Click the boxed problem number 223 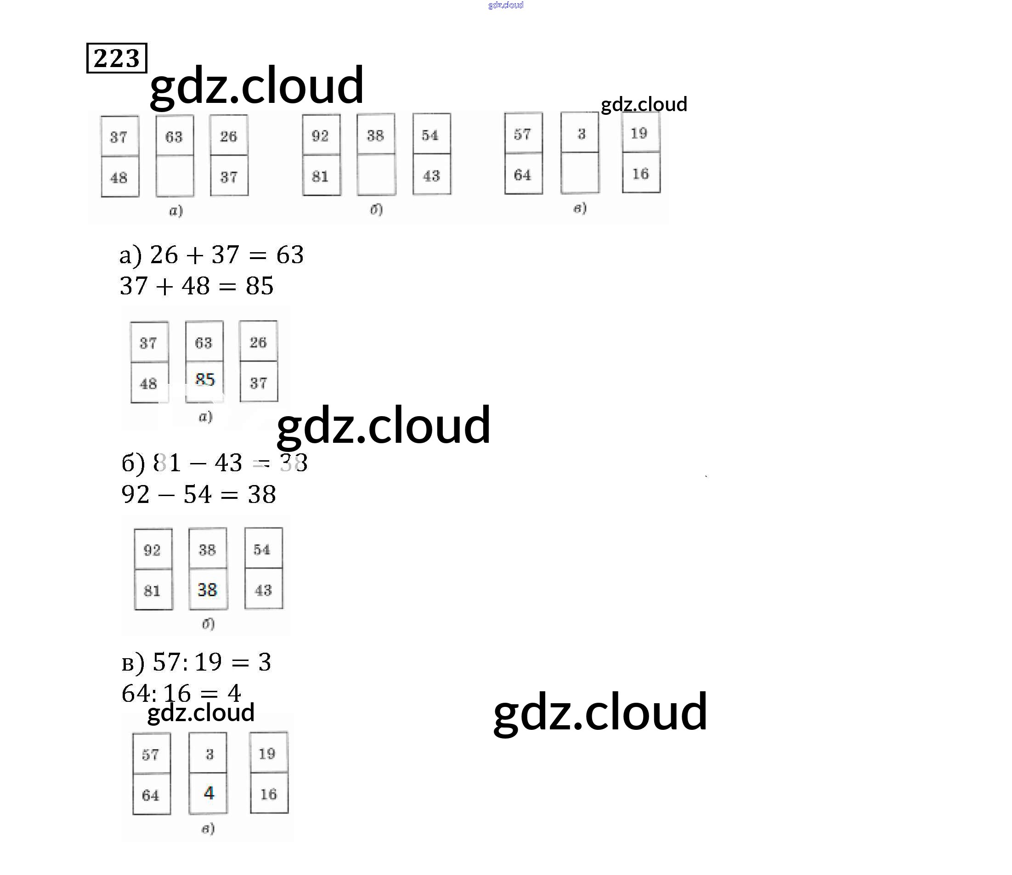point(116,58)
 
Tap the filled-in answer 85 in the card point(204,379)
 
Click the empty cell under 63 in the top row point(175,176)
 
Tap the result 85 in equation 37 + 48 point(259,286)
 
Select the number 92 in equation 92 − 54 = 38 point(136,494)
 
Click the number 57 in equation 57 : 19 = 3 point(167,662)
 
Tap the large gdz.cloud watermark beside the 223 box point(256,86)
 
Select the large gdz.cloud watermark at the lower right point(600,712)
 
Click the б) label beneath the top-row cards point(376,209)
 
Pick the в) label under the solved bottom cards point(208,828)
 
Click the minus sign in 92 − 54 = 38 point(166,495)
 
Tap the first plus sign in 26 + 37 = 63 point(194,255)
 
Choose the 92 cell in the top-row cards point(320,135)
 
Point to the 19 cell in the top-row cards point(639,133)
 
